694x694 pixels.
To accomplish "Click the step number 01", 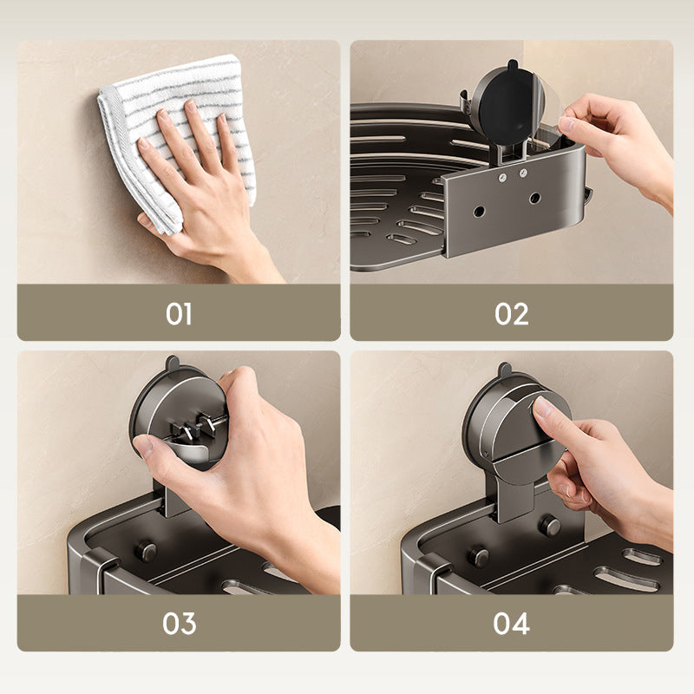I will pos(179,314).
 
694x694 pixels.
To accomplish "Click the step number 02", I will pos(512,314).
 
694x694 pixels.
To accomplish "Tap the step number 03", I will pos(179,623).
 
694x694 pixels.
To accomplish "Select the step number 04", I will pos(512,623).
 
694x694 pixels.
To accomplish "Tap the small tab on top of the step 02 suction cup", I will pos(512,65).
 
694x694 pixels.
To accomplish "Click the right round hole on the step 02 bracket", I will pos(535,198).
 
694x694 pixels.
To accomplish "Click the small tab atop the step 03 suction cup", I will pos(172,363).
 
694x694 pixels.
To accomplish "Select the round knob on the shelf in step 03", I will pos(146,552).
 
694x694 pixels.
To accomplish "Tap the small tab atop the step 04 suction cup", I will pos(505,370).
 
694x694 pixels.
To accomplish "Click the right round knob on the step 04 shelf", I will pos(549,526).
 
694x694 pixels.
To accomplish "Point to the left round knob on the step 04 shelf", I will pos(479,555).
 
